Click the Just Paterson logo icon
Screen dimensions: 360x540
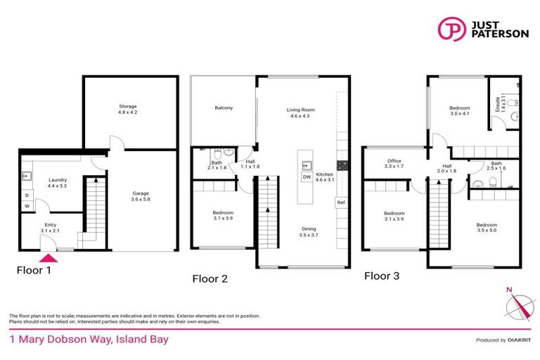tap(451, 29)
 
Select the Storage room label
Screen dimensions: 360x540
tap(127, 110)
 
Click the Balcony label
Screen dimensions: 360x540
tap(224, 108)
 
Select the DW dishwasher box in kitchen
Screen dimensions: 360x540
tap(307, 177)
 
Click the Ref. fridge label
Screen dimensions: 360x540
tap(341, 202)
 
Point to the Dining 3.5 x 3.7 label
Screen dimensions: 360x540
tap(309, 231)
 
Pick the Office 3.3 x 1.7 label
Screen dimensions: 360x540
tap(394, 164)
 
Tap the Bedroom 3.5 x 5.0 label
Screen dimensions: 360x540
tap(486, 228)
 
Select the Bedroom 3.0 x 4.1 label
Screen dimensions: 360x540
tap(460, 111)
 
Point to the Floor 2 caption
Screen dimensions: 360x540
tap(210, 278)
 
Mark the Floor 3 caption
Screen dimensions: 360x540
tap(382, 276)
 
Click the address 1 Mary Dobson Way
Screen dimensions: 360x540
tap(88, 339)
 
